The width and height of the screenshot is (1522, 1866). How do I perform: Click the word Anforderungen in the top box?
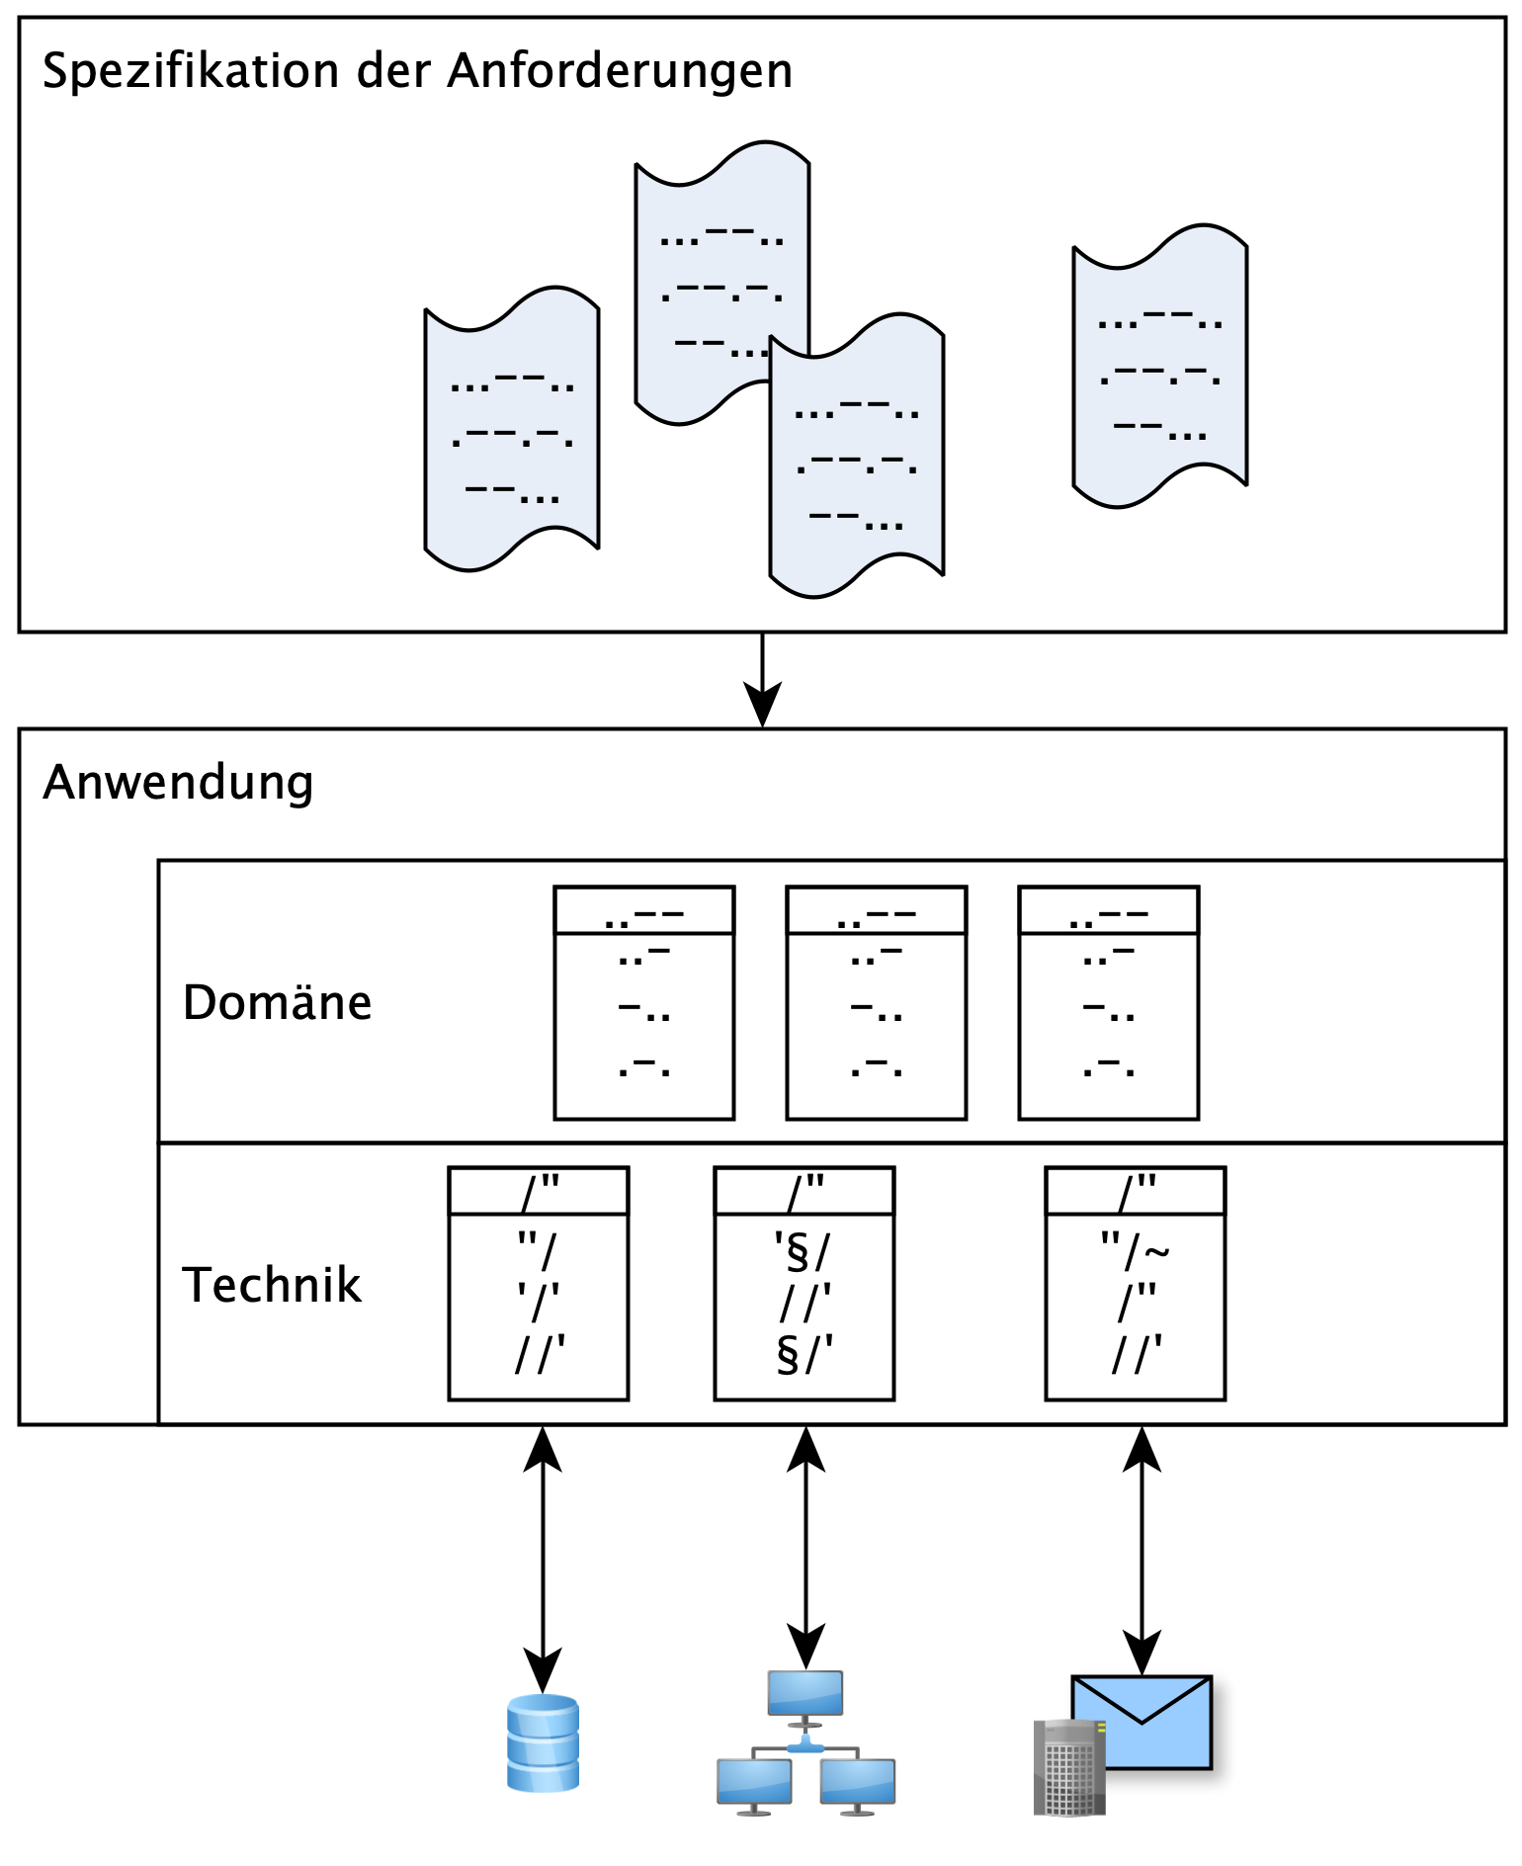pyautogui.click(x=620, y=71)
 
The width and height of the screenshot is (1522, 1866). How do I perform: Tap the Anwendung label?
pyautogui.click(x=178, y=782)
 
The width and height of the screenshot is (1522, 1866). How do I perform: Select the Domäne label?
pyautogui.click(x=277, y=1002)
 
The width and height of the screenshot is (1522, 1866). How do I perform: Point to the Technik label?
pyautogui.click(x=272, y=1285)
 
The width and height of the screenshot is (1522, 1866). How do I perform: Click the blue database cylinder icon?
pyautogui.click(x=543, y=1743)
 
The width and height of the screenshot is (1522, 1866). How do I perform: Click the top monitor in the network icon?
pyautogui.click(x=805, y=1694)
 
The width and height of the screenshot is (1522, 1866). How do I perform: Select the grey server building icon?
pyautogui.click(x=1068, y=1767)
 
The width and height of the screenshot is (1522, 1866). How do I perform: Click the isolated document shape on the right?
pyautogui.click(x=1159, y=366)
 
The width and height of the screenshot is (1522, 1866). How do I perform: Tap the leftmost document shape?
pyautogui.click(x=511, y=430)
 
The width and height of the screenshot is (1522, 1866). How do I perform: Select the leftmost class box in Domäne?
pyautogui.click(x=643, y=1003)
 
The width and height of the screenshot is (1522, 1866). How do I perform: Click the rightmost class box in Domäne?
pyautogui.click(x=1108, y=1003)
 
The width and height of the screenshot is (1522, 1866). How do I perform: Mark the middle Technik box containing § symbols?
pyautogui.click(x=803, y=1284)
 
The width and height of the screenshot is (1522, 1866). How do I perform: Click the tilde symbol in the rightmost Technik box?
pyautogui.click(x=1157, y=1253)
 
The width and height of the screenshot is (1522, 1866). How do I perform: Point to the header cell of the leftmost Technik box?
pyautogui.click(x=538, y=1191)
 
